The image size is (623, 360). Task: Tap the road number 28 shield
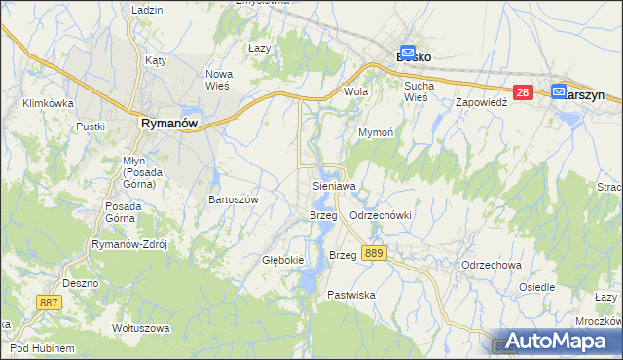click(x=523, y=92)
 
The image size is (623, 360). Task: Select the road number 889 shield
click(x=372, y=253)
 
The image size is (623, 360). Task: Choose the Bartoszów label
click(x=234, y=199)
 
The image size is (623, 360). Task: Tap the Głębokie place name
click(x=283, y=260)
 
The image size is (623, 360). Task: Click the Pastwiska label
click(x=351, y=294)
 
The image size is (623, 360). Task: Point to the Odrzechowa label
click(x=492, y=265)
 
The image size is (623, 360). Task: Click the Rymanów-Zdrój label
click(x=129, y=245)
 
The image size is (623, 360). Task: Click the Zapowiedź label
click(x=482, y=101)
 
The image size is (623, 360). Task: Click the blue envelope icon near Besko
click(x=409, y=55)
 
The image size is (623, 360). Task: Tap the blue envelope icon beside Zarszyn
click(x=559, y=92)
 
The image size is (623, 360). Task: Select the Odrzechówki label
click(x=381, y=215)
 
